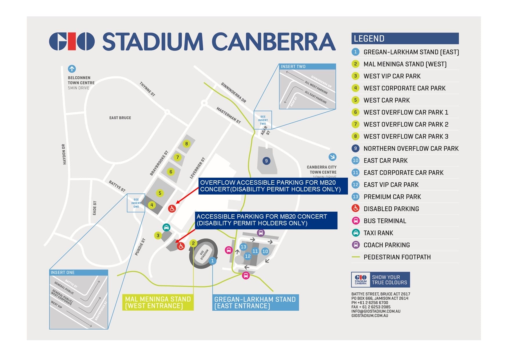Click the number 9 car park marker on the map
click(x=266, y=161)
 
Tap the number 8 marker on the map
click(x=186, y=143)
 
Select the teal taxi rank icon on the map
click(x=166, y=227)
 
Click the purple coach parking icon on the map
click(x=261, y=233)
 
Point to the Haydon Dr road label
click(x=64, y=154)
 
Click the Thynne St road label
click(x=147, y=89)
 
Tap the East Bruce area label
click(x=120, y=118)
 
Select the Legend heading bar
click(x=405, y=38)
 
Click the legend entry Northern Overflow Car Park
click(x=411, y=148)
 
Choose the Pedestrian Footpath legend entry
click(x=397, y=257)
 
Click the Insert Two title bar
click(x=307, y=66)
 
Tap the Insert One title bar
click(x=79, y=272)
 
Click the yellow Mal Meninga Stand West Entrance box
click(x=158, y=303)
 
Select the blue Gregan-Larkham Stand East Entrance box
click(x=255, y=303)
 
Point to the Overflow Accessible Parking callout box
click(x=273, y=186)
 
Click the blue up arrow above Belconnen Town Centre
click(x=72, y=69)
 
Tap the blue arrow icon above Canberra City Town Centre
click(x=332, y=157)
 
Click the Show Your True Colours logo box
click(x=380, y=280)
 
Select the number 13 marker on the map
click(x=243, y=247)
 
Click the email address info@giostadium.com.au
click(x=376, y=311)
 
